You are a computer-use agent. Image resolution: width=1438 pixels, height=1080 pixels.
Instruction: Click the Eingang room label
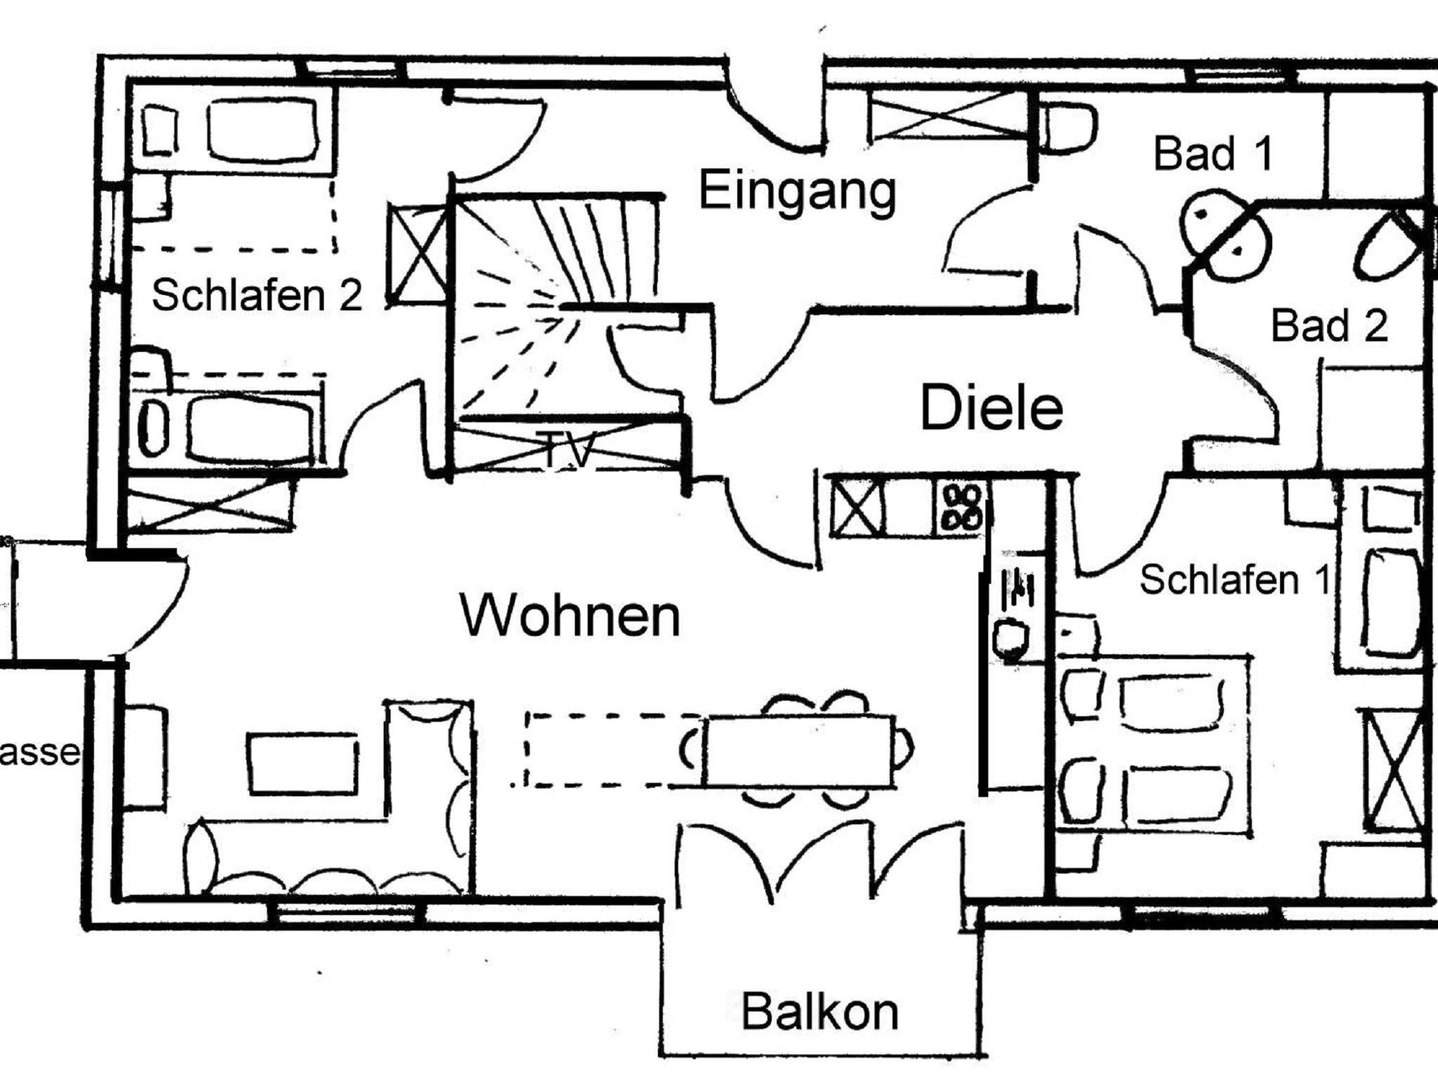(798, 191)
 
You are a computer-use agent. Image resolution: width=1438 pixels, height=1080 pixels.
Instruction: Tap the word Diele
(991, 409)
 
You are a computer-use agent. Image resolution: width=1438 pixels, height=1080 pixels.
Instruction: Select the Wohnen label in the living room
(570, 616)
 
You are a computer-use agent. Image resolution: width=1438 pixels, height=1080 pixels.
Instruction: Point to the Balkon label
(819, 1012)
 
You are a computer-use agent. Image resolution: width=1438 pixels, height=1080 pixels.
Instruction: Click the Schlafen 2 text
(257, 295)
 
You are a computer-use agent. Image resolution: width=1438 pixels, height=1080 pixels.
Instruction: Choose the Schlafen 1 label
(1234, 580)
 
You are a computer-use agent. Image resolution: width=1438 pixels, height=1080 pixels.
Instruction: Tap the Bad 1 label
(1213, 154)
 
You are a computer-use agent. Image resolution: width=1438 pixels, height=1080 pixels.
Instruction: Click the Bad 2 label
(1329, 327)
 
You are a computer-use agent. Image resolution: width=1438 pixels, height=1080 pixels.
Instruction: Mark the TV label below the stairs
(569, 450)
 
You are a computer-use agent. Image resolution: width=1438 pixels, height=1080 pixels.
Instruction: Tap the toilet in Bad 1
(1069, 127)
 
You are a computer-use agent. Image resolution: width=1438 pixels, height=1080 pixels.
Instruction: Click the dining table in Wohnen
(798, 751)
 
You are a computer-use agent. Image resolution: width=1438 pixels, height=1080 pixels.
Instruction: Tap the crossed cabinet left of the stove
(857, 505)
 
